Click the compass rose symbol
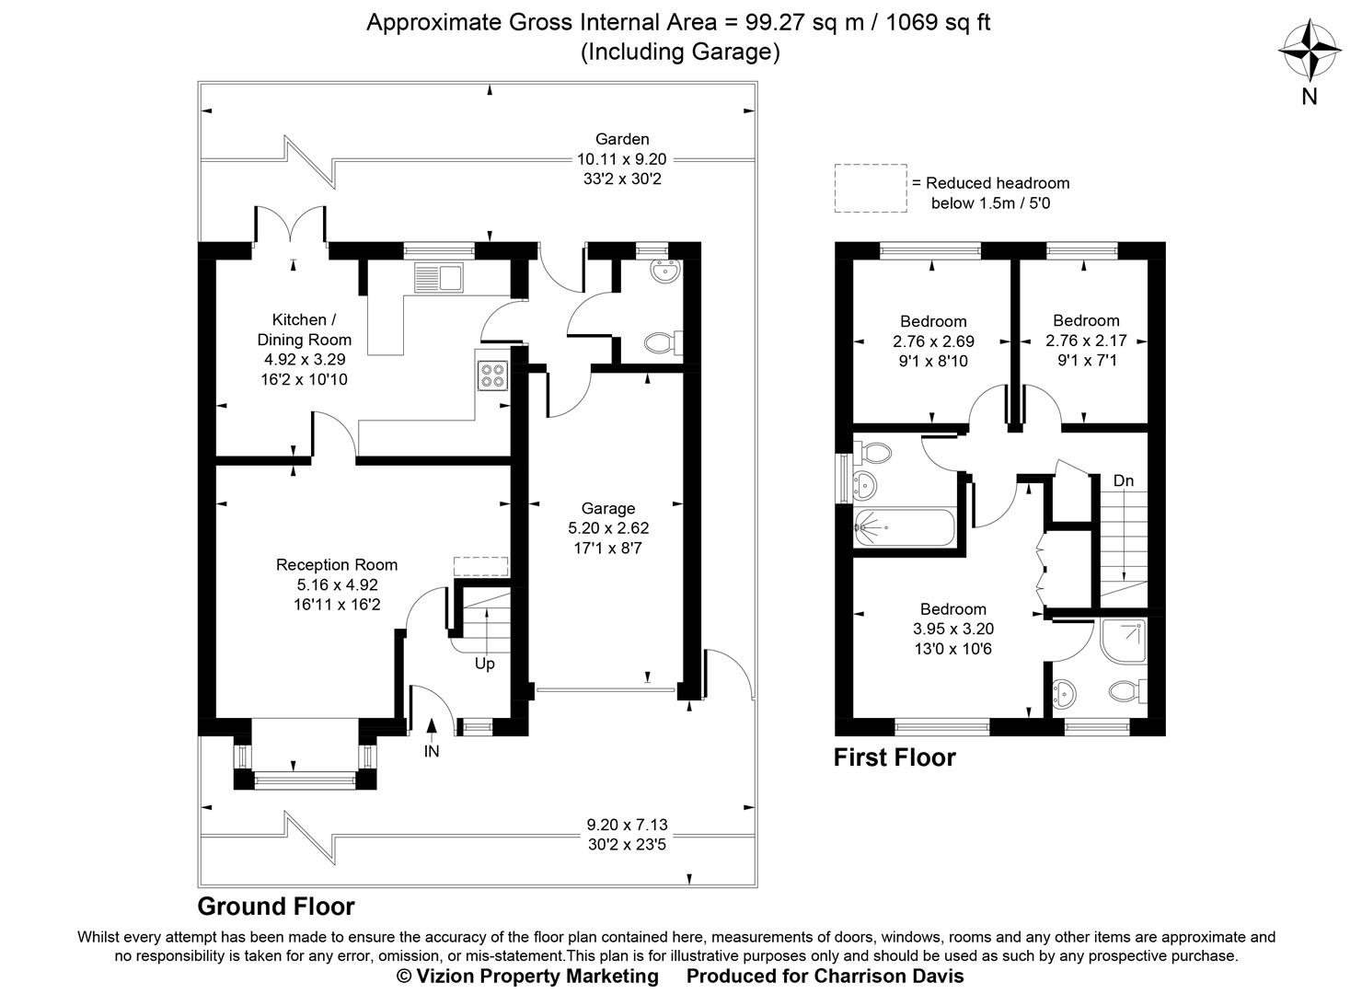pyautogui.click(x=1309, y=52)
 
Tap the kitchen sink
pyautogui.click(x=440, y=276)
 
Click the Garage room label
pyautogui.click(x=607, y=508)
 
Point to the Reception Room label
pyautogui.click(x=337, y=565)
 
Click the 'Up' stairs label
pyautogui.click(x=484, y=664)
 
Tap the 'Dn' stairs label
pyautogui.click(x=1124, y=480)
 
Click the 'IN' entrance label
pyautogui.click(x=432, y=751)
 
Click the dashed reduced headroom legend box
pyautogui.click(x=870, y=189)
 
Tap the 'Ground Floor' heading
pyautogui.click(x=276, y=907)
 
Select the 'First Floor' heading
pyautogui.click(x=895, y=757)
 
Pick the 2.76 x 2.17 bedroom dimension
pyautogui.click(x=1086, y=341)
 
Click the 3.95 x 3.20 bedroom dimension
pyautogui.click(x=953, y=630)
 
